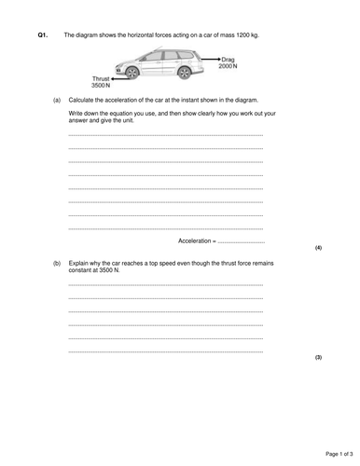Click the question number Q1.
click(x=42, y=34)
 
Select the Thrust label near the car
click(x=101, y=78)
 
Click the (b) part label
click(x=57, y=263)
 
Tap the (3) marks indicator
click(x=318, y=357)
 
